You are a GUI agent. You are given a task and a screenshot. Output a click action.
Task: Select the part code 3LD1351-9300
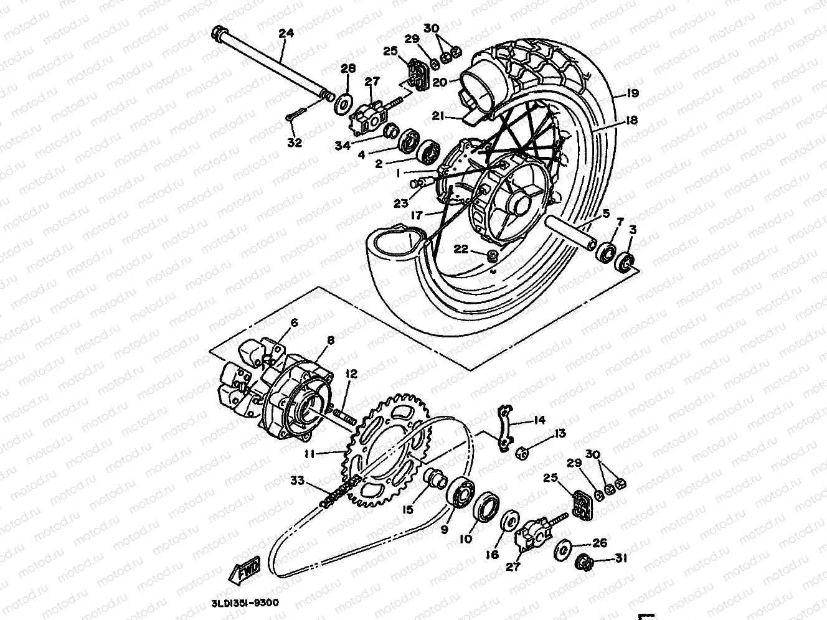245,603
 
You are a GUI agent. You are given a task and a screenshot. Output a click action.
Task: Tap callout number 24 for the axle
286,34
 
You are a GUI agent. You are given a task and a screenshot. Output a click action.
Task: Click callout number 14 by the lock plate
539,420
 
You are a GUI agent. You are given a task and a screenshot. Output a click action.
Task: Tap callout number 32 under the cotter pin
294,143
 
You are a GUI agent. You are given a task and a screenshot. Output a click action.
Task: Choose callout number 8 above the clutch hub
330,341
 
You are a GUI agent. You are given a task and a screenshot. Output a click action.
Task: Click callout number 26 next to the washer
599,543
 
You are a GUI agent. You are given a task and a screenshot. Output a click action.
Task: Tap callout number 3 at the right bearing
633,230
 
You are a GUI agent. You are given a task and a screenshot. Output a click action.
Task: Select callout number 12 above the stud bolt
351,374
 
